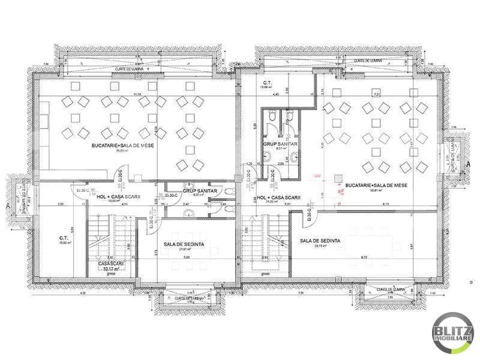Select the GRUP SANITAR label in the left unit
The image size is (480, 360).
click(x=199, y=191)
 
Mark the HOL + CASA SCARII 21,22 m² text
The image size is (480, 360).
click(x=277, y=198)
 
